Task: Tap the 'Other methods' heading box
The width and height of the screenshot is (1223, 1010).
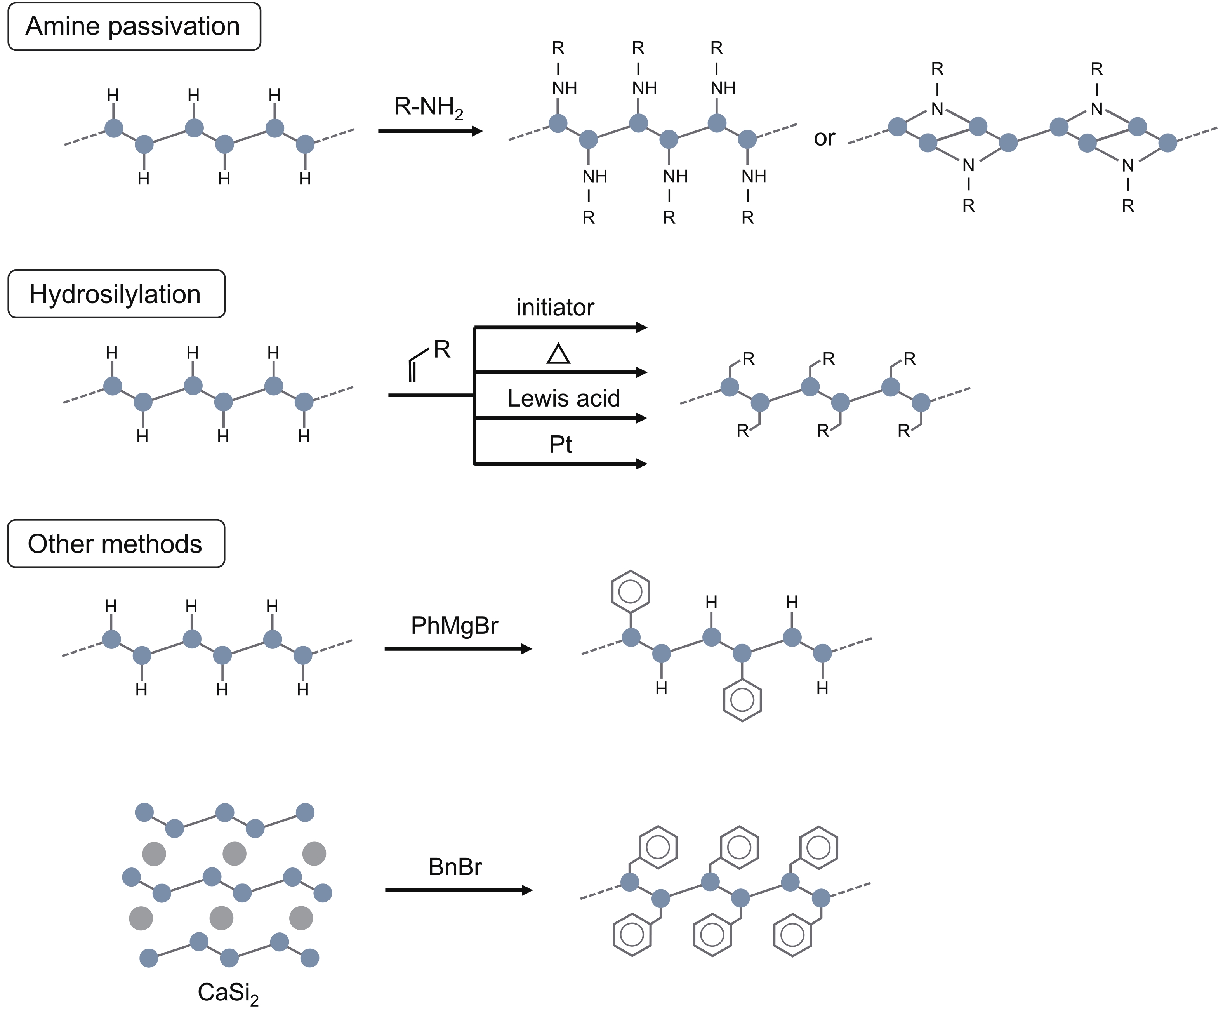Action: (x=116, y=543)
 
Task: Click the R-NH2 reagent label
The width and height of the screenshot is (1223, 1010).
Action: (x=429, y=108)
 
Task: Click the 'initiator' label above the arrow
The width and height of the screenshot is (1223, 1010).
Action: (x=555, y=307)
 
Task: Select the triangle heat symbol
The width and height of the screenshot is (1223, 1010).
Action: (x=558, y=354)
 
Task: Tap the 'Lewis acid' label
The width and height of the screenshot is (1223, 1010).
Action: (x=563, y=398)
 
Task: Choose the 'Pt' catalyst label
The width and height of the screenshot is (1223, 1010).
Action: (x=561, y=445)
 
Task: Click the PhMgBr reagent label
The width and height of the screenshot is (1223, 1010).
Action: (x=454, y=626)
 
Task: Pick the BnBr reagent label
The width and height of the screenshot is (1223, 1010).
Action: (x=455, y=867)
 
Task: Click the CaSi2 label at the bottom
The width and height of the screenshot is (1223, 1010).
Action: (x=228, y=993)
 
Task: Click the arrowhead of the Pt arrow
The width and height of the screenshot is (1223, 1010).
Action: (x=641, y=464)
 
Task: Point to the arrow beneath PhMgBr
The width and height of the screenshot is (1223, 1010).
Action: (x=458, y=649)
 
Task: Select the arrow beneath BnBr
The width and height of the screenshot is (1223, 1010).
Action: (x=458, y=890)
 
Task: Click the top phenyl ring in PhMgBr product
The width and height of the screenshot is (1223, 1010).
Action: (x=631, y=592)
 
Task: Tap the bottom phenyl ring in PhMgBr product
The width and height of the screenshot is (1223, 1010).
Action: (x=742, y=700)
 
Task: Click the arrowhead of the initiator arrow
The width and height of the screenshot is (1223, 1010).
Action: (x=641, y=328)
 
